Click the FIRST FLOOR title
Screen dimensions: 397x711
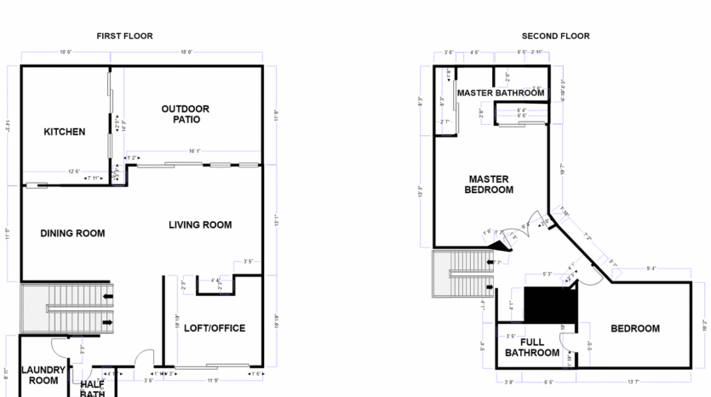(124, 36)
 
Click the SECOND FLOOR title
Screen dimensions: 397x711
(555, 36)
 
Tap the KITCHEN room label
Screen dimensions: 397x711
(65, 132)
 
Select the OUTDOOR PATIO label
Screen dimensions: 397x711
(186, 114)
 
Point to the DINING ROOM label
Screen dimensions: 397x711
(72, 233)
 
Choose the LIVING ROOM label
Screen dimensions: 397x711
(200, 224)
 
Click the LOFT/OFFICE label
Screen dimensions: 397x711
(215, 328)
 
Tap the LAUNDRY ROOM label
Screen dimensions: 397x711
(43, 375)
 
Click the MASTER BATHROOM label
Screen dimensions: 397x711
(500, 93)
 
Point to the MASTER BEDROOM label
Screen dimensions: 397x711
(489, 184)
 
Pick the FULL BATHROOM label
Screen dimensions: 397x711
(532, 348)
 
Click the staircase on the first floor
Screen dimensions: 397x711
(68, 309)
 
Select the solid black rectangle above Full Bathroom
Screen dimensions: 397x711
(550, 303)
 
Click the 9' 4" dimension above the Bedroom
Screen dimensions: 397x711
(651, 269)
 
